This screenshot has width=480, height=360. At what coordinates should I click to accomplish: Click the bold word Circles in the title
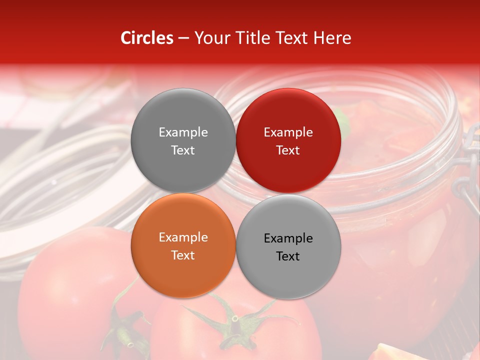(147, 38)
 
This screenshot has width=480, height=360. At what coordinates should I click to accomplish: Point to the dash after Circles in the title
(183, 38)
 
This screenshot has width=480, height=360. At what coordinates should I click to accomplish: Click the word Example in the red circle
(288, 132)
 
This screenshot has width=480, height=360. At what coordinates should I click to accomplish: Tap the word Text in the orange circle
(183, 255)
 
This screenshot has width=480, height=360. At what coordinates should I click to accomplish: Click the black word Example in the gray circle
(288, 238)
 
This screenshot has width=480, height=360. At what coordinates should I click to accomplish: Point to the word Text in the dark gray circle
(183, 150)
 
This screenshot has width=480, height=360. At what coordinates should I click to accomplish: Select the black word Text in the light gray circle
(288, 256)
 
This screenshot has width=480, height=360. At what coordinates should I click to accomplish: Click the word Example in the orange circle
(183, 237)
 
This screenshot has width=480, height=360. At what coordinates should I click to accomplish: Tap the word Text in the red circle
(288, 150)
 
